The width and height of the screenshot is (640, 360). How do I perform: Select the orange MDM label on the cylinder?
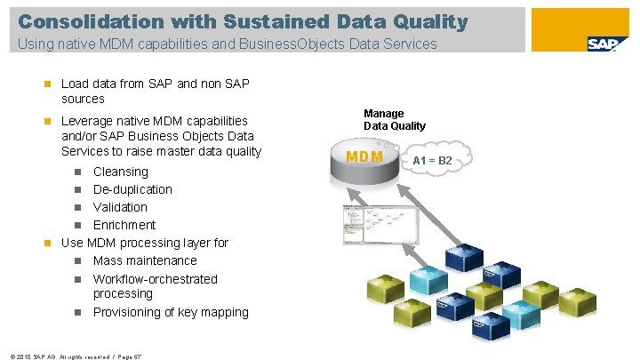pos(364,158)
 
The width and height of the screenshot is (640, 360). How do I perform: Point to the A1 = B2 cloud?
pos(432,160)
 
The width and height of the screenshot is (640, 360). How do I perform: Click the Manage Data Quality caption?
pos(394,119)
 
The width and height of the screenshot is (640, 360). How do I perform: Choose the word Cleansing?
pos(120,172)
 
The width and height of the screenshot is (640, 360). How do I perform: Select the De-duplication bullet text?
pos(132,189)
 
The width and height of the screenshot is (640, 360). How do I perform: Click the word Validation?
pos(120,207)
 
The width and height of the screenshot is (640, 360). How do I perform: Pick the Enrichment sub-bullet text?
pos(124,225)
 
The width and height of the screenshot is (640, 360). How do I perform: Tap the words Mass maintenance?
pos(145,260)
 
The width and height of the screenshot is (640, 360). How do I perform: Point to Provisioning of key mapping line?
pos(171,312)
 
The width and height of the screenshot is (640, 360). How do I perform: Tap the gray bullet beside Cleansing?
pos(78,172)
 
